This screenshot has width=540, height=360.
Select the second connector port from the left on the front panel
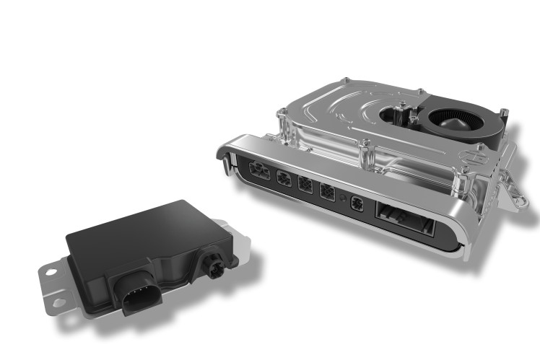point(284,181)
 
